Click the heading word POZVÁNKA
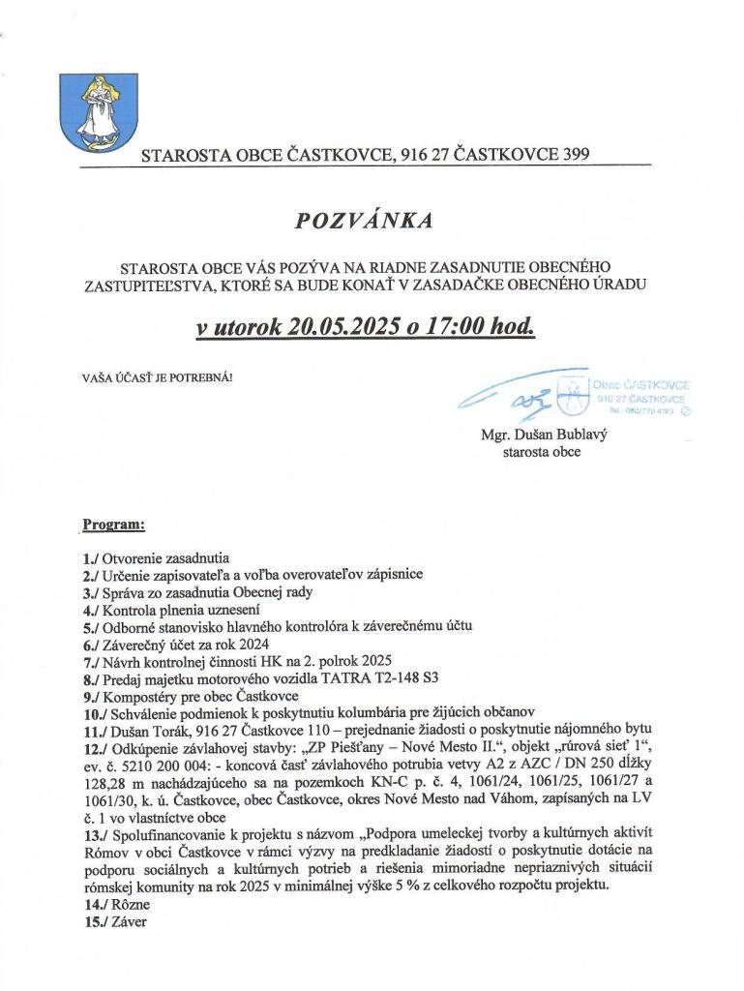click(x=364, y=221)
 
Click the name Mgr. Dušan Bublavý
click(x=543, y=435)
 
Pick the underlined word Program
click(x=113, y=525)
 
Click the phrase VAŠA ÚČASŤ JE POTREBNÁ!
click(x=157, y=377)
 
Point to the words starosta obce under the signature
click(x=542, y=452)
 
